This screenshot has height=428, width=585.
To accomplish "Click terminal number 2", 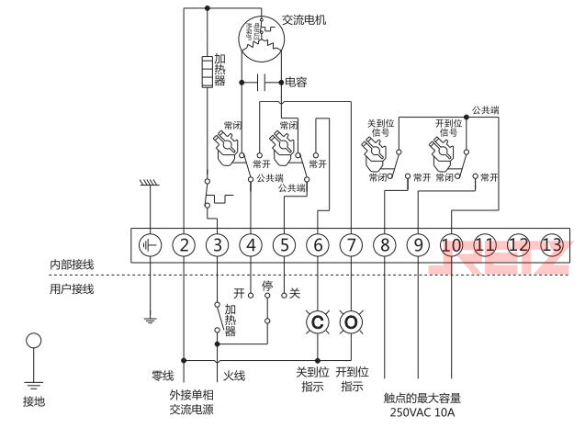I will coord(184,245).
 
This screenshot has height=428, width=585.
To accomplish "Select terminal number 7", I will coord(351,245).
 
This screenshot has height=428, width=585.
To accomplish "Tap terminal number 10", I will coord(451,245).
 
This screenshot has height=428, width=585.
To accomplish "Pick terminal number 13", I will coord(551,245).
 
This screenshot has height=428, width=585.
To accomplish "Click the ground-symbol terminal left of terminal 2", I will coord(150,245).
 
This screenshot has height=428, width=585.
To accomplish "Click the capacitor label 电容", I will coord(296,82).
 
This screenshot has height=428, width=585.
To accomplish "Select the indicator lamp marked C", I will coord(318,322).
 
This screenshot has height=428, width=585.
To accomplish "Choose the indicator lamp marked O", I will coord(351,322).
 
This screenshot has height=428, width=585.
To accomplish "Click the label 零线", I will coord(163,376).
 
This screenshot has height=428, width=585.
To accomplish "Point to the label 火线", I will coord(233,376).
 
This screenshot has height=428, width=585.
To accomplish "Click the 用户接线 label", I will coord(72,289).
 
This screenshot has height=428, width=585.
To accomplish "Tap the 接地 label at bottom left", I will coord(34,401).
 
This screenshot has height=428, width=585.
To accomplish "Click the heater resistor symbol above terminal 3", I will coord(208,71).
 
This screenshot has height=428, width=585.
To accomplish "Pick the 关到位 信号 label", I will coord(379,128).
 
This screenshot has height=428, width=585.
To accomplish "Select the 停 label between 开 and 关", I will coord(267,285).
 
